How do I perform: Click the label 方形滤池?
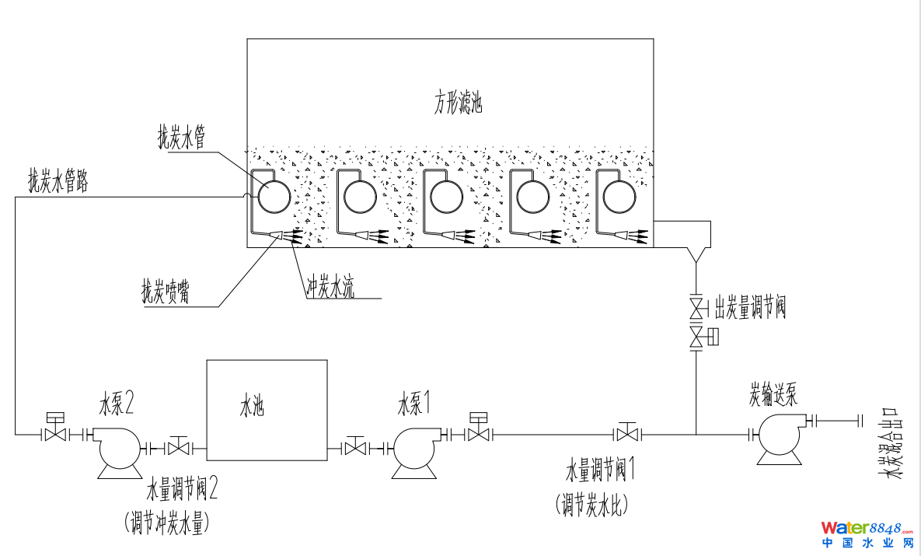point(458,103)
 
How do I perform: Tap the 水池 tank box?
point(266,409)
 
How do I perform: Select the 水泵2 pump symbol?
point(117,449)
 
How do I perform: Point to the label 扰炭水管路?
point(58,181)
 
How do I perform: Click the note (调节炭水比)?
point(591,505)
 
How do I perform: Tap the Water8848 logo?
point(867,534)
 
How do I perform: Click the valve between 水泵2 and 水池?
point(180,448)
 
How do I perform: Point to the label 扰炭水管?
point(181,138)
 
